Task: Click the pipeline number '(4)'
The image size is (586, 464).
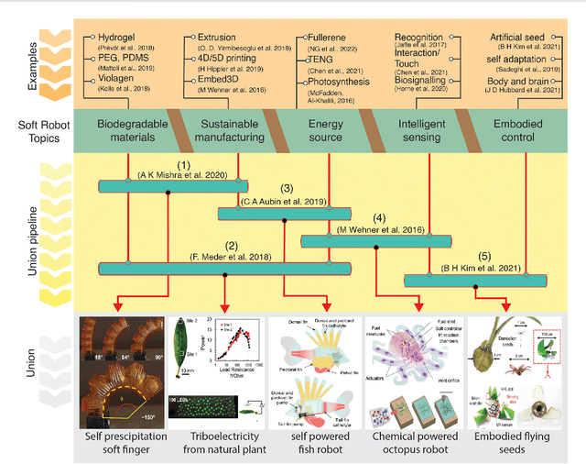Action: [377, 217]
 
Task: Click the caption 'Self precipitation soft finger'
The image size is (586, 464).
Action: [121, 441]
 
